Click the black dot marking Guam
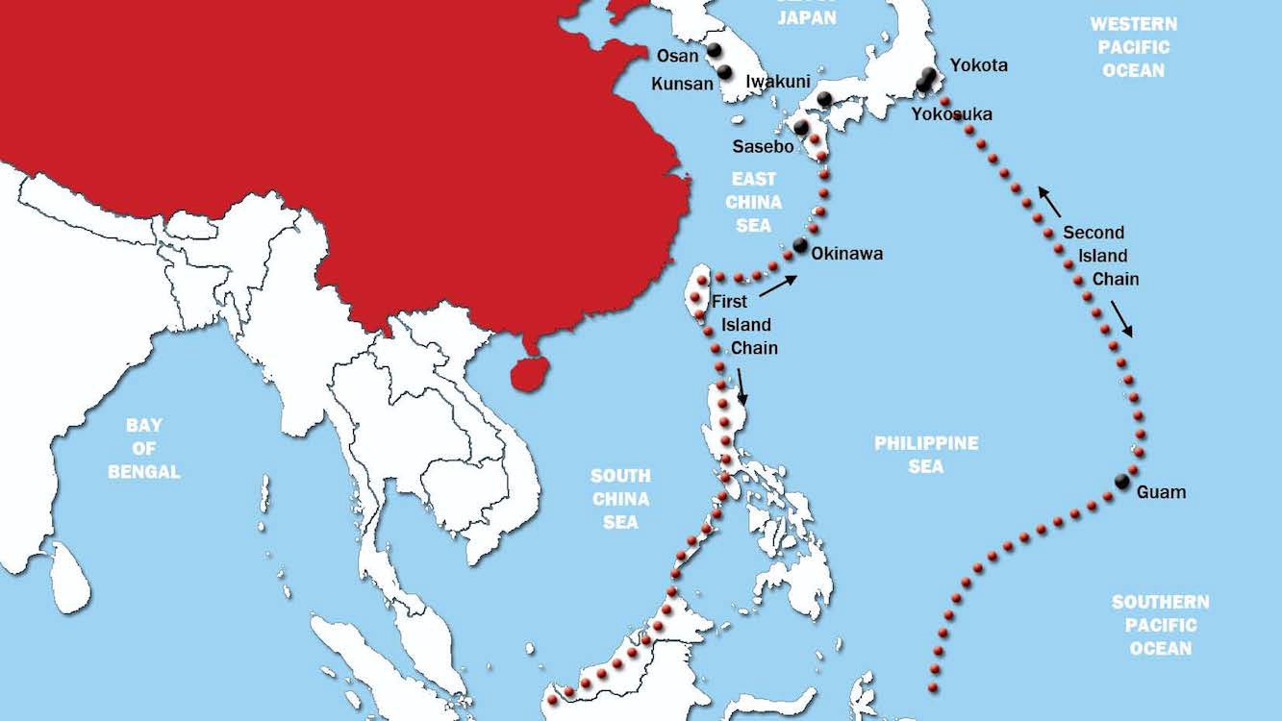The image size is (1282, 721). click(x=1121, y=482)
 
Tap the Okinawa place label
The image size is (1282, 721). click(x=846, y=254)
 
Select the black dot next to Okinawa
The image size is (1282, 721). click(x=800, y=245)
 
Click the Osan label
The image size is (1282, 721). click(x=678, y=56)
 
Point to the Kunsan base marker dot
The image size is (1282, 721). click(x=724, y=72)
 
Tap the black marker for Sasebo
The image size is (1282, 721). click(x=800, y=128)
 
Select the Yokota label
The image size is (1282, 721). click(x=979, y=65)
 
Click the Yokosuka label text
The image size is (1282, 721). click(x=952, y=114)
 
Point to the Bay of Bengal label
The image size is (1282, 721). click(x=144, y=448)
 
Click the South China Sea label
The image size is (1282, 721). click(x=620, y=499)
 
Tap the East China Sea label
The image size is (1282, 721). click(x=753, y=202)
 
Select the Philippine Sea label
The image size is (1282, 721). click(x=926, y=454)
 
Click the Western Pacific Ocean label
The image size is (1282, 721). click(x=1134, y=46)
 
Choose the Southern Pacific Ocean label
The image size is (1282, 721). click(x=1161, y=625)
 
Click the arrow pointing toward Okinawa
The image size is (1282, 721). click(x=777, y=286)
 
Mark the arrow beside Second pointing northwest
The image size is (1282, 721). click(x=1049, y=202)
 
